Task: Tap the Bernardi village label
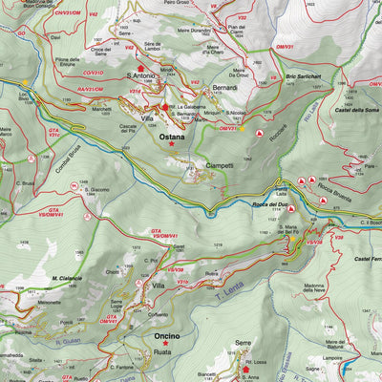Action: click(x=225, y=88)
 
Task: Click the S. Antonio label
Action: click(x=141, y=75)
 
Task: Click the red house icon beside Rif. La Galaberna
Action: click(x=165, y=107)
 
